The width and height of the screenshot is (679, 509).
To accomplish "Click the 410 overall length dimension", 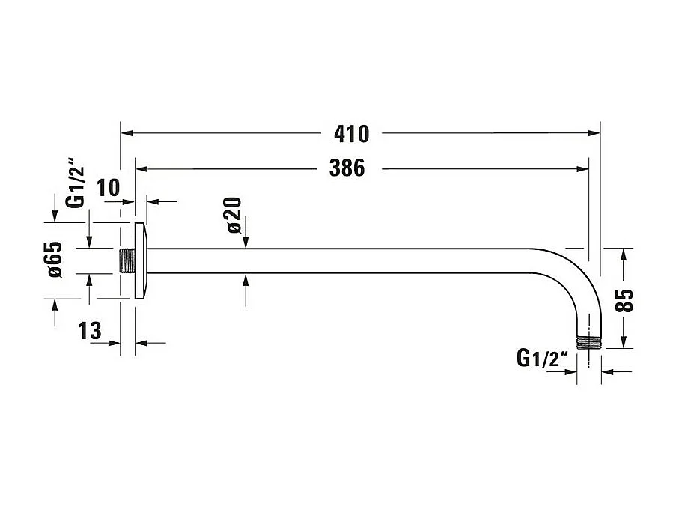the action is [352, 134].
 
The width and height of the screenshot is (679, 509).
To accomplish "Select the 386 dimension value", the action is [347, 168].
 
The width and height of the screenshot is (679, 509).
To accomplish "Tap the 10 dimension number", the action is [108, 188].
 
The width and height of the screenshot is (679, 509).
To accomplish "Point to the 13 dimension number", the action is [90, 331].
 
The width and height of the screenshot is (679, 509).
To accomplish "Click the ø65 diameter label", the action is [55, 260].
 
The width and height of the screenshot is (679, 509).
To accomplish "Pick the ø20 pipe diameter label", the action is [234, 215].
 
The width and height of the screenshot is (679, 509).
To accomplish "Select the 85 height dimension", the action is [624, 300].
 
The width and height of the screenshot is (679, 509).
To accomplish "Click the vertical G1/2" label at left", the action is [74, 187].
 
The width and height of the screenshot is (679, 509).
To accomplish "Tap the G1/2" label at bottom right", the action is [543, 359].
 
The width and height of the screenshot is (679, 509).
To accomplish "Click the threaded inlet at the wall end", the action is [127, 260].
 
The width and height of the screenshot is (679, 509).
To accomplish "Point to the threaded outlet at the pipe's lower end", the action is [589, 342].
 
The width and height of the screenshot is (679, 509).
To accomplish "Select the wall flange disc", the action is [141, 260].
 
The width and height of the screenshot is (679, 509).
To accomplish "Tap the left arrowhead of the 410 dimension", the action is [127, 133].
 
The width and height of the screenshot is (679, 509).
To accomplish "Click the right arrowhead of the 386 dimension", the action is [582, 169].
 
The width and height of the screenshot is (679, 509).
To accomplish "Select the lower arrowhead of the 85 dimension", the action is [623, 341].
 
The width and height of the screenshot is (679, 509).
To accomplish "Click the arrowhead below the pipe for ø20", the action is [246, 280].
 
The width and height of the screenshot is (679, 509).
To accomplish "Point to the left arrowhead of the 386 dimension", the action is [142, 169].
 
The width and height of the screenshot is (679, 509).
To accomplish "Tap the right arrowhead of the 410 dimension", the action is [594, 133].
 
